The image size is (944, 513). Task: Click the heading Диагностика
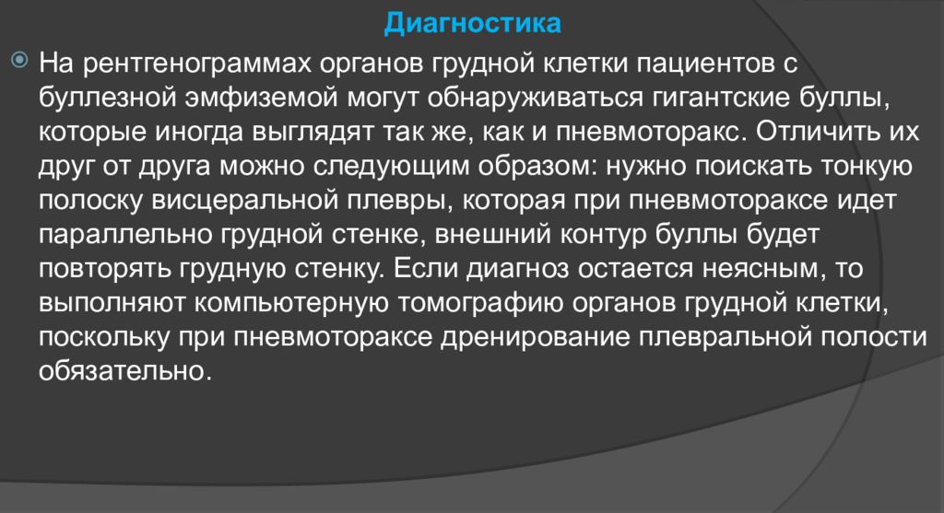pyautogui.click(x=472, y=22)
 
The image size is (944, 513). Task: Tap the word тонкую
pyautogui.click(x=867, y=166)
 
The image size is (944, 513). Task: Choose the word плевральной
pyautogui.click(x=734, y=336)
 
